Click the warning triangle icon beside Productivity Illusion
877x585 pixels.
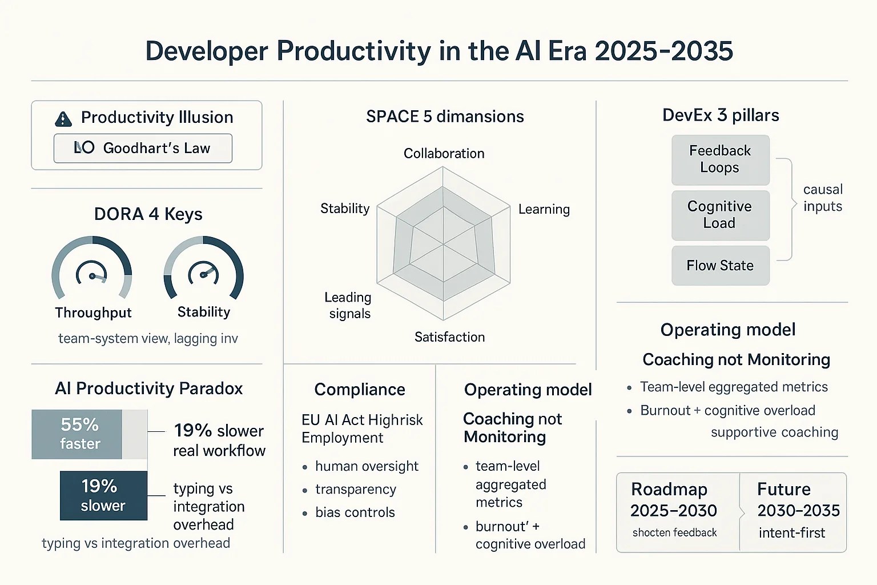63,119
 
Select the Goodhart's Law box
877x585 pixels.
143,149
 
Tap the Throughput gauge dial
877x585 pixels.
92,269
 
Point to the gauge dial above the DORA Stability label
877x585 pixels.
203,269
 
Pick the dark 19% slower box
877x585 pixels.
103,495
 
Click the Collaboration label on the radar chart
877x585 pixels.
444,154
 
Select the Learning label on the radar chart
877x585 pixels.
544,209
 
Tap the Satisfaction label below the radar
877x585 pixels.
449,337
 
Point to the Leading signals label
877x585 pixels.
348,305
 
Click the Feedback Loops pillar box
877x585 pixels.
720,159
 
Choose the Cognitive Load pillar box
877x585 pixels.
720,215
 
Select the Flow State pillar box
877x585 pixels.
720,266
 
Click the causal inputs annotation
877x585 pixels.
822,198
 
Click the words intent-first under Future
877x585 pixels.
792,533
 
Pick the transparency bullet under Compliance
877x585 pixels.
355,490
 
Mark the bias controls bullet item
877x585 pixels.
355,512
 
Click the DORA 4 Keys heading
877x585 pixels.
148,214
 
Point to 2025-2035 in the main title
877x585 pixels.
663,51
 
